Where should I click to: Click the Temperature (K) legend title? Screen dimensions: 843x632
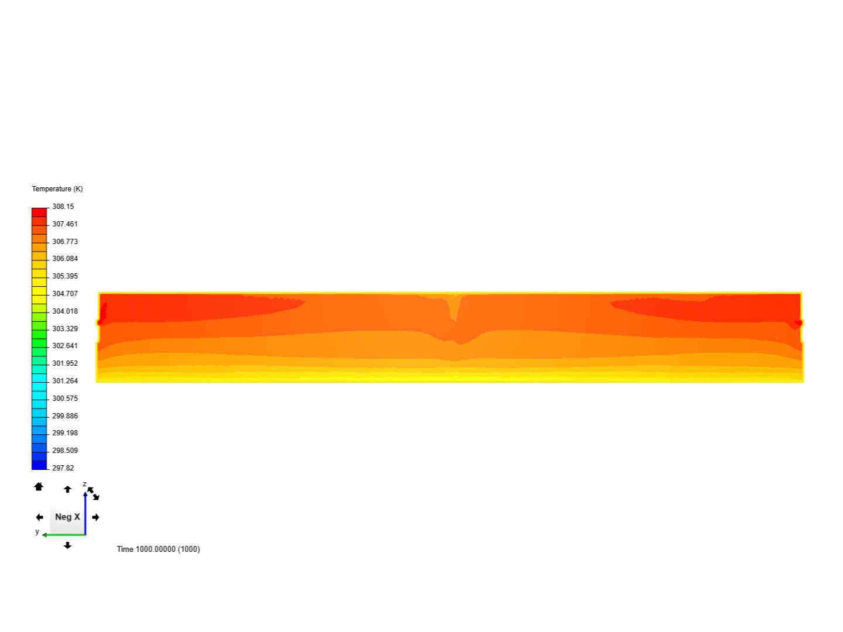pyautogui.click(x=57, y=189)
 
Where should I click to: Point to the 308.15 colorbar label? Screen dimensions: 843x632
pyautogui.click(x=63, y=207)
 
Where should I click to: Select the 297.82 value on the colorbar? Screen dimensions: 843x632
pyautogui.click(x=63, y=468)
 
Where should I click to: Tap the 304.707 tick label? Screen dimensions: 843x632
pyautogui.click(x=65, y=294)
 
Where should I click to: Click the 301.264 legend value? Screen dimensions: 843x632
pyautogui.click(x=65, y=380)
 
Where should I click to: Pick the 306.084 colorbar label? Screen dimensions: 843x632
pyautogui.click(x=65, y=259)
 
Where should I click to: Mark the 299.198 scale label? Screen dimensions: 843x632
pyautogui.click(x=65, y=433)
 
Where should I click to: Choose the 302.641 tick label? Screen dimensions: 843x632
pyautogui.click(x=65, y=346)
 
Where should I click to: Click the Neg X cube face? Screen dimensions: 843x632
pyautogui.click(x=67, y=517)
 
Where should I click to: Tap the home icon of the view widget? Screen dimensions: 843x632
pyautogui.click(x=39, y=486)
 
